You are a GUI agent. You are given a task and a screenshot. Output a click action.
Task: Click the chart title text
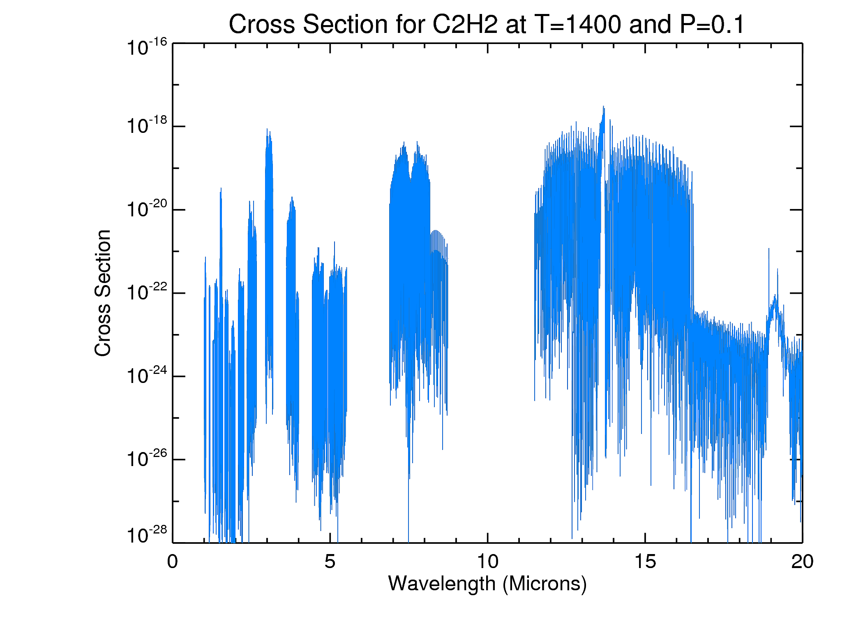[487, 25]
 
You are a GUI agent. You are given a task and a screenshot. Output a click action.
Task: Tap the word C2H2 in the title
[465, 25]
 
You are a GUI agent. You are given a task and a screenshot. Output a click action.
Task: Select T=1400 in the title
[578, 25]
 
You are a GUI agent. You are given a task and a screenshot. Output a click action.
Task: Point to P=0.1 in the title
[712, 25]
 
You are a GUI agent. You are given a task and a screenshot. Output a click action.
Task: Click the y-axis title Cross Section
[103, 293]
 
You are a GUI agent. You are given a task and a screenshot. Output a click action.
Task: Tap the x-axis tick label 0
[173, 562]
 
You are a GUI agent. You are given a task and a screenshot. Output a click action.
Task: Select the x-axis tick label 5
[330, 562]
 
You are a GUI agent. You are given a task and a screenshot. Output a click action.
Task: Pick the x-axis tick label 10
[487, 562]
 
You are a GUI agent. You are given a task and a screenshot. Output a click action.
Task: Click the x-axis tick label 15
[645, 562]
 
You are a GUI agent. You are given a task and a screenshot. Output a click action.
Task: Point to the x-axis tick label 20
[802, 562]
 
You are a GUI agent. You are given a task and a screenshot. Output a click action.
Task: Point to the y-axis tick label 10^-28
[147, 535]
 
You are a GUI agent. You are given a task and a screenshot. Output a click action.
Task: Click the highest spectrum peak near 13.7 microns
[603, 107]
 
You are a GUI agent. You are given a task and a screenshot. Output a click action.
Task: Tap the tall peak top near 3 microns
[267, 129]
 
